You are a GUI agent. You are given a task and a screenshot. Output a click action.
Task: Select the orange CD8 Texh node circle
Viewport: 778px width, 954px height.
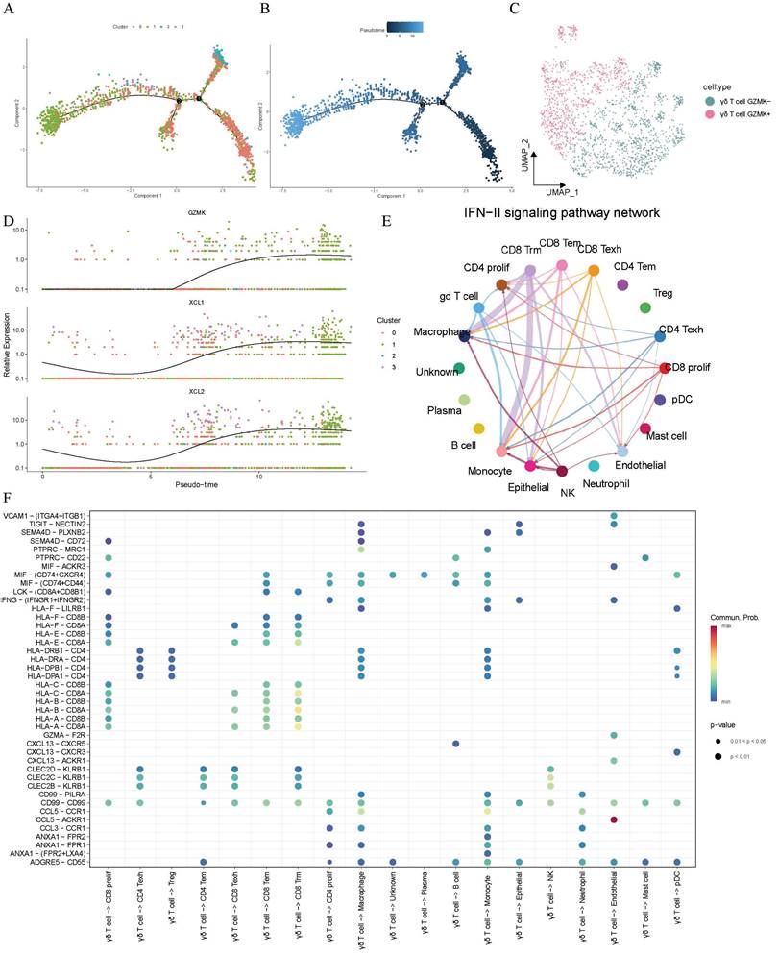pos(594,272)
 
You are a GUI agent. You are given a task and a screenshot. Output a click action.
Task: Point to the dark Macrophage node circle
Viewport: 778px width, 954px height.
pos(465,336)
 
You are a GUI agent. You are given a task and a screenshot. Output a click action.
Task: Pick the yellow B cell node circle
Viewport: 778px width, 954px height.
pos(479,428)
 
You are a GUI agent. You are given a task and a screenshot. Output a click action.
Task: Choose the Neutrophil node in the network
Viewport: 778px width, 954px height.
pos(595,466)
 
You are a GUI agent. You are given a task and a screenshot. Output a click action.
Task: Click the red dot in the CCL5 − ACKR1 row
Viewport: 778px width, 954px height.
pos(614,819)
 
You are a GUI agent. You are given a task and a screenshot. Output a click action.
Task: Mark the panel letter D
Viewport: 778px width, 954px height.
pos(9,223)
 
